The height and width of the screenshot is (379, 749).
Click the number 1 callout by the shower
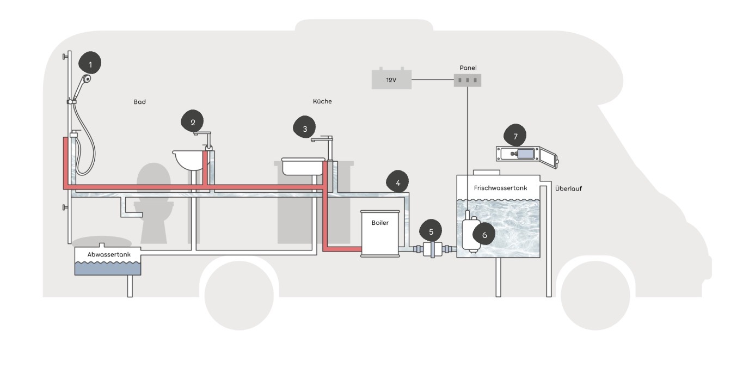click(x=90, y=63)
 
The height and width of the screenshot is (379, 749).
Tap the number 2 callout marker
click(x=192, y=121)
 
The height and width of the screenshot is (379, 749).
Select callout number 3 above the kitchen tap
click(x=304, y=127)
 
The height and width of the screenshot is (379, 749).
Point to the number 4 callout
click(x=397, y=182)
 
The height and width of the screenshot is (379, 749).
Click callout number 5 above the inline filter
click(x=431, y=231)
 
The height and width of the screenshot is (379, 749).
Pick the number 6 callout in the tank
click(x=484, y=234)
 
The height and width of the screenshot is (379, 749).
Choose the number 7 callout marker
click(x=515, y=136)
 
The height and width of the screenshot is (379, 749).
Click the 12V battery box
click(x=391, y=79)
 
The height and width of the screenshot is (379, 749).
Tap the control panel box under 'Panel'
click(x=468, y=80)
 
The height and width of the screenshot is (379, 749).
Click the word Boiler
click(x=380, y=223)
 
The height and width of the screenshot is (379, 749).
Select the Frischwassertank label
click(x=501, y=188)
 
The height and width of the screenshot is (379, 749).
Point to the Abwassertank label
click(x=109, y=254)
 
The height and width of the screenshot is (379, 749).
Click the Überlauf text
click(x=568, y=188)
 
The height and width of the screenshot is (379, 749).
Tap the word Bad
click(x=140, y=102)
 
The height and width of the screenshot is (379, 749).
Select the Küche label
click(x=322, y=101)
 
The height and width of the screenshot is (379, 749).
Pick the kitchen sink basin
click(x=303, y=166)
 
